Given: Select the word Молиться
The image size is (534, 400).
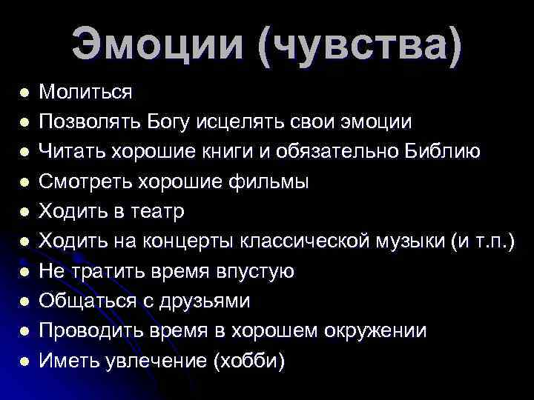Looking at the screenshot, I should (x=85, y=92).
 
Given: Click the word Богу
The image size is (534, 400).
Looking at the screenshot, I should (x=171, y=121).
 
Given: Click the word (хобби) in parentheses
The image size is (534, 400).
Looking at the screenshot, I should (x=249, y=361).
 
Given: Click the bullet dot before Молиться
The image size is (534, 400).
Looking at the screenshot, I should (x=24, y=93).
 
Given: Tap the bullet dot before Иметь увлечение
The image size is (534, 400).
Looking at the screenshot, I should (x=24, y=362).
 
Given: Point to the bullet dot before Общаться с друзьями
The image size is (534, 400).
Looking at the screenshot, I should (x=24, y=302).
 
